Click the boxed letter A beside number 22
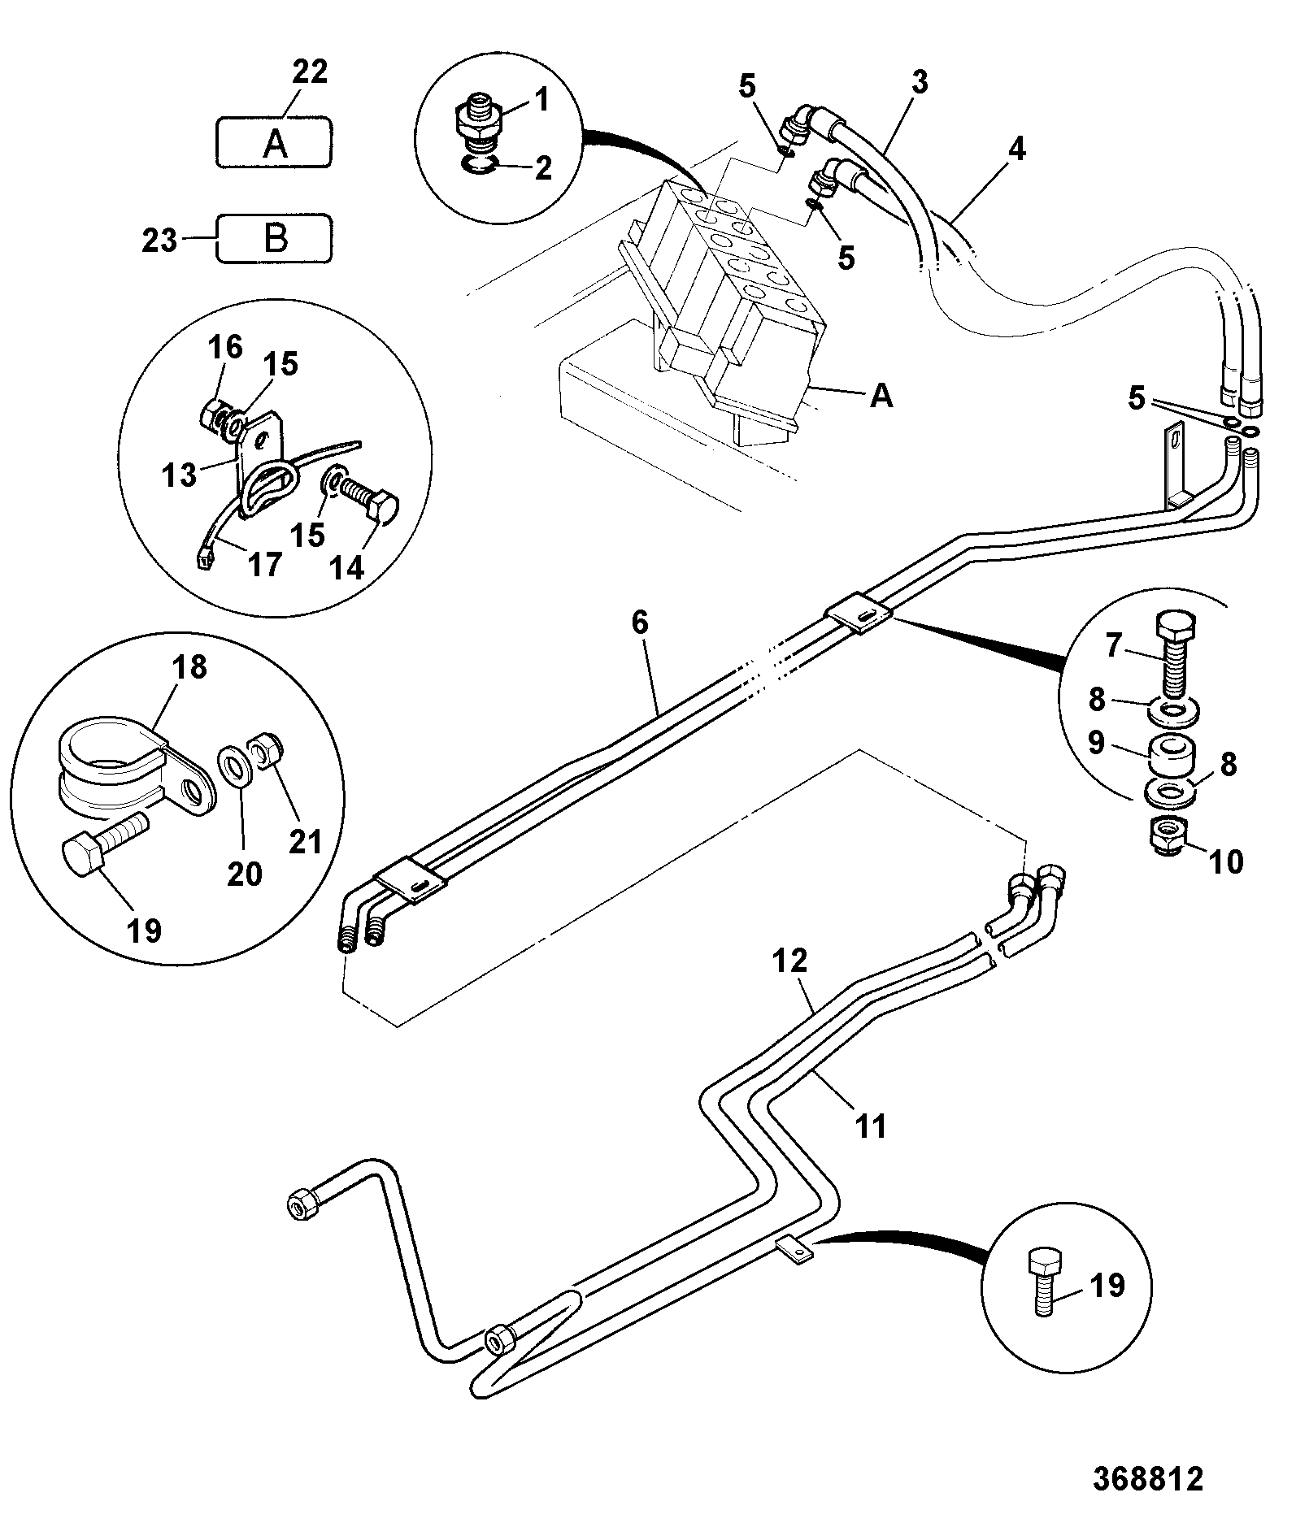pyautogui.click(x=275, y=144)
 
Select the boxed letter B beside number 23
pyautogui.click(x=276, y=239)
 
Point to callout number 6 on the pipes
pyautogui.click(x=640, y=623)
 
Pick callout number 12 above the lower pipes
pyautogui.click(x=790, y=961)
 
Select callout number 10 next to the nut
pyautogui.click(x=1227, y=861)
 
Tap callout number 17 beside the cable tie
pyautogui.click(x=264, y=564)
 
